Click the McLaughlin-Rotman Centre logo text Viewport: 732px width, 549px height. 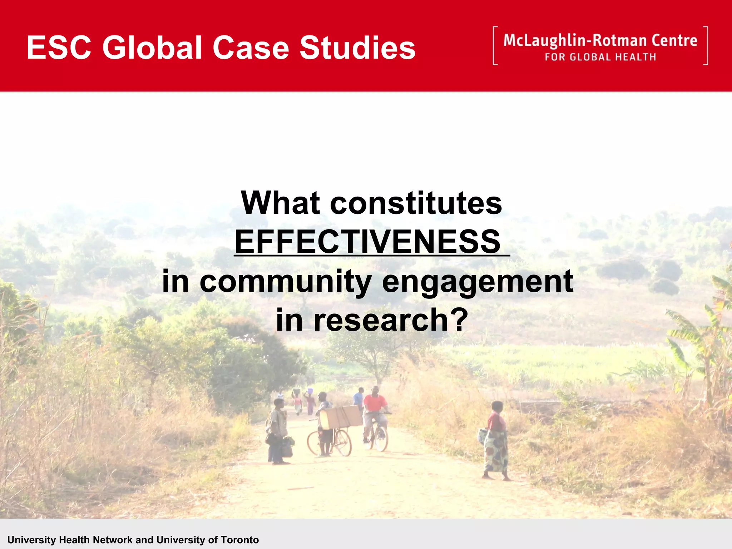tap(600, 41)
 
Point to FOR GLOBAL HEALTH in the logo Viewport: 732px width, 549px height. tap(600, 57)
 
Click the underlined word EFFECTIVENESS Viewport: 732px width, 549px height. tap(368, 242)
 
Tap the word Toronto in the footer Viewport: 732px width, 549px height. tap(239, 540)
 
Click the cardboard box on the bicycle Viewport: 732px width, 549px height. tap(343, 416)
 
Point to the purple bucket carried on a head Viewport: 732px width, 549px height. tap(310, 391)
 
